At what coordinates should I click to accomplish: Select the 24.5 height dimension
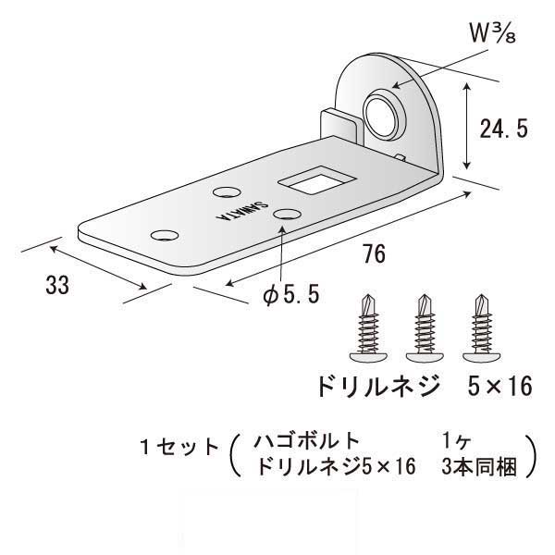click(x=502, y=129)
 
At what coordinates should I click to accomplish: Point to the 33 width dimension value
click(x=57, y=286)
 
